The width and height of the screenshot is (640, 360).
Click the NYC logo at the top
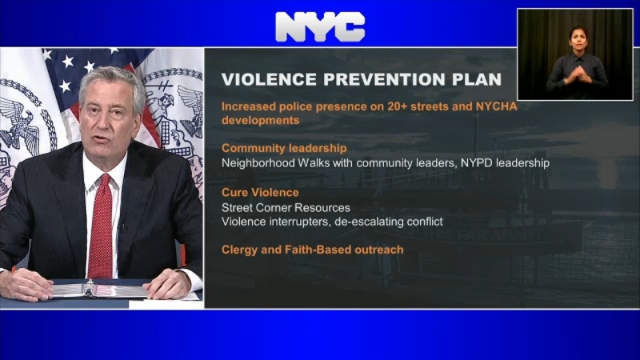click(x=321, y=27)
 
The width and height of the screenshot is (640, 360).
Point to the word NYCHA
click(x=496, y=106)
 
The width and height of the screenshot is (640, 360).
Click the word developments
click(x=261, y=121)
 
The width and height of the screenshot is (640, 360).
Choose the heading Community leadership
click(x=284, y=148)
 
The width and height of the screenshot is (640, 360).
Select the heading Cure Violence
click(x=260, y=192)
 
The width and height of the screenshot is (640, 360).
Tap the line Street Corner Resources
click(x=286, y=208)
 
